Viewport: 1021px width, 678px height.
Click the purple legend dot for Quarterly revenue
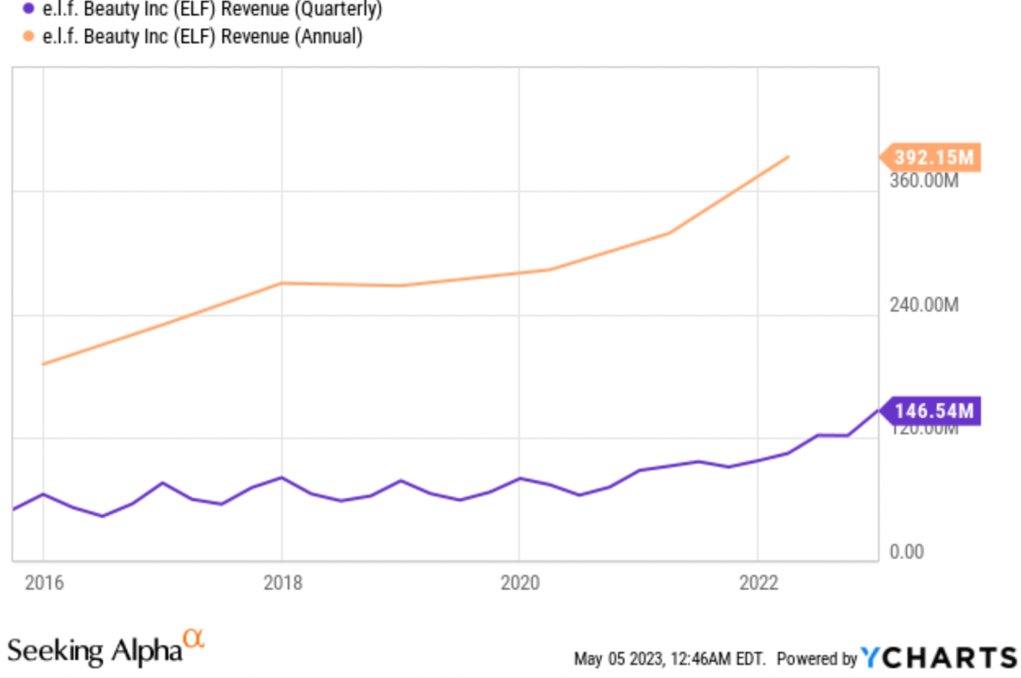coord(29,10)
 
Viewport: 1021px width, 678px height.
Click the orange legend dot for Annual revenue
coord(29,37)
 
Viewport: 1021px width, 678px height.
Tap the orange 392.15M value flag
coord(932,157)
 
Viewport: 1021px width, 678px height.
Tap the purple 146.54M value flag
coord(932,411)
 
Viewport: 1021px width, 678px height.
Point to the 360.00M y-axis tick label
coord(924,179)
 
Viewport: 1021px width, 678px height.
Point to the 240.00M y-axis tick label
coord(924,305)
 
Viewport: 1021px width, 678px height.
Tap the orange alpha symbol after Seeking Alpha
coord(194,638)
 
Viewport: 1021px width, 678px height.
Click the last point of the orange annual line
coord(788,156)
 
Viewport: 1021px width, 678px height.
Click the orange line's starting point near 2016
coord(43,364)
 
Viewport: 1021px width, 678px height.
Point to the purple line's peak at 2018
coord(282,477)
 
